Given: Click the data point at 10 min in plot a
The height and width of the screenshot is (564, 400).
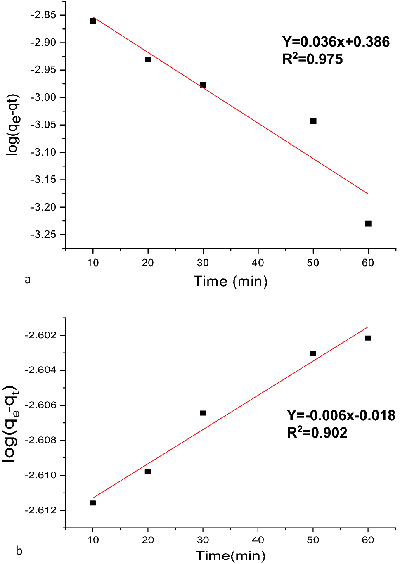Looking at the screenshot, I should point(93,21).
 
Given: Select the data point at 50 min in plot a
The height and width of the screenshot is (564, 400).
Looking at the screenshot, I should point(313,121).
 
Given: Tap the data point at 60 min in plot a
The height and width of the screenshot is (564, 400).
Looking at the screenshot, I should point(368,224).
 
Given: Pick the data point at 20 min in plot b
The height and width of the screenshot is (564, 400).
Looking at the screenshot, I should point(148,472).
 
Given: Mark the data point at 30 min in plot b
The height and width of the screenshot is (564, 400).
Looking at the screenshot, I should point(203,413).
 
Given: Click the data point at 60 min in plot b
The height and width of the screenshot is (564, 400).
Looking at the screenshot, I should point(368,338).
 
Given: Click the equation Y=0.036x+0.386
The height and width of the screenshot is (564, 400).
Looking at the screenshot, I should point(336,42).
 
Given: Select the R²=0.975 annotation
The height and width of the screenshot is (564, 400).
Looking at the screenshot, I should point(312,59).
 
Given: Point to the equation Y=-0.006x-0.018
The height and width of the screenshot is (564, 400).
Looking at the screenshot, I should point(341,415).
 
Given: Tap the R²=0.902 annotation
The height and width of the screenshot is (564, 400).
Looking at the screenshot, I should point(317,433).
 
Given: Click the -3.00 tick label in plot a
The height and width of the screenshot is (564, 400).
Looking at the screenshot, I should point(43,97).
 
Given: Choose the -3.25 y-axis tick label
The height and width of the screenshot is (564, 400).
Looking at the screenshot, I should point(43,235).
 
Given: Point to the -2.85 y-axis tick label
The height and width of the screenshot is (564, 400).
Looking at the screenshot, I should point(43,15).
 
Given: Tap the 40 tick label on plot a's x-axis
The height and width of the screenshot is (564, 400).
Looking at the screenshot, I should point(258,263).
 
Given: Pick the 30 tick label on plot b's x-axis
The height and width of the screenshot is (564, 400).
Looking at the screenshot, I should point(203,540).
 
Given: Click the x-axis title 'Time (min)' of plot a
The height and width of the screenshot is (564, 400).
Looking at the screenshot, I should point(231,281).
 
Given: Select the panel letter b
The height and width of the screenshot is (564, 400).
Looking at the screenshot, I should point(19,551).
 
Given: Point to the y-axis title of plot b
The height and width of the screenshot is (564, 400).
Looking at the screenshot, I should point(11,423).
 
